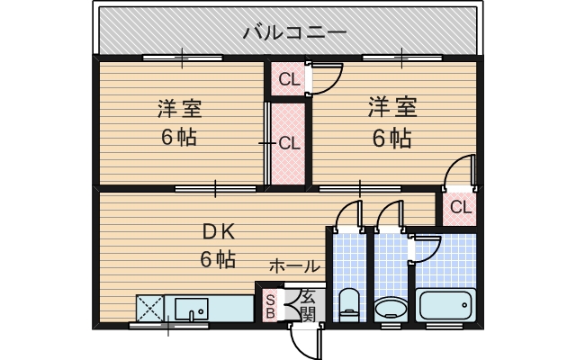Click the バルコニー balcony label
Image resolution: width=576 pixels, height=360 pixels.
(x=294, y=34)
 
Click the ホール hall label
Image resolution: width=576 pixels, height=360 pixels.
(x=294, y=266)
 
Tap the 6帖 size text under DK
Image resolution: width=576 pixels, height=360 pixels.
(x=217, y=260)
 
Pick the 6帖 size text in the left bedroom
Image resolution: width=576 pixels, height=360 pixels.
(x=179, y=139)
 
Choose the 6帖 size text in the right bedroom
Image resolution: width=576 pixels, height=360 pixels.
(x=392, y=139)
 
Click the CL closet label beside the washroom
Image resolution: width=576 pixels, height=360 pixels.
(x=461, y=208)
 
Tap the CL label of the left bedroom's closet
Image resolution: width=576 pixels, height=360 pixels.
(x=288, y=142)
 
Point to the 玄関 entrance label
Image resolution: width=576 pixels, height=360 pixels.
(x=308, y=306)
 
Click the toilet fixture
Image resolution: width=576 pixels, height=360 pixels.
(x=347, y=302)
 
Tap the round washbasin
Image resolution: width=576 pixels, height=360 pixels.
(x=390, y=308)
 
